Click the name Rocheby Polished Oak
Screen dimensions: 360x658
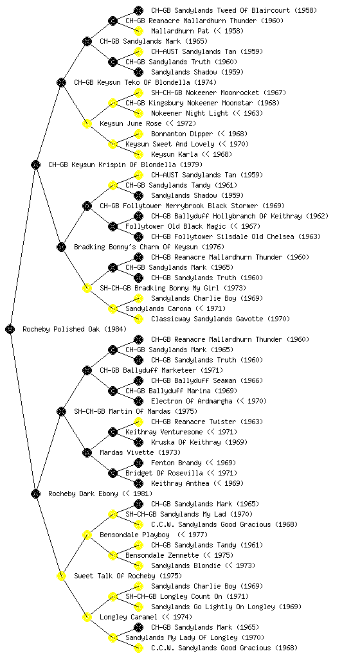[x=61, y=330]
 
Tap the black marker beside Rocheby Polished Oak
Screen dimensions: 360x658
[x=10, y=329]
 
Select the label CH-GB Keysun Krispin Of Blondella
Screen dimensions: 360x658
[x=113, y=165]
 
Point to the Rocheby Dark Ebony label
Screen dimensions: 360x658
[x=83, y=494]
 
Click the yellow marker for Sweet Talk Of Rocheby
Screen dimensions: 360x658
[x=61, y=576]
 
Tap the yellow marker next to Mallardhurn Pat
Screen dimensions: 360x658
[x=138, y=31]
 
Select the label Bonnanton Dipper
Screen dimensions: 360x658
[x=182, y=134]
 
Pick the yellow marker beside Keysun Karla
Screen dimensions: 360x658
[x=138, y=154]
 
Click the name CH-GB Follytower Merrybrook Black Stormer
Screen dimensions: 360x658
[x=179, y=206]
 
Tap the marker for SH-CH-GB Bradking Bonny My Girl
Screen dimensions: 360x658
[x=87, y=288]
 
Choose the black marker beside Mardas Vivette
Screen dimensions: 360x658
[x=87, y=452]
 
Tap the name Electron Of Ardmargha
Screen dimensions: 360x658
[x=192, y=401]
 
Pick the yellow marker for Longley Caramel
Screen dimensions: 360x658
[x=87, y=617]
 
